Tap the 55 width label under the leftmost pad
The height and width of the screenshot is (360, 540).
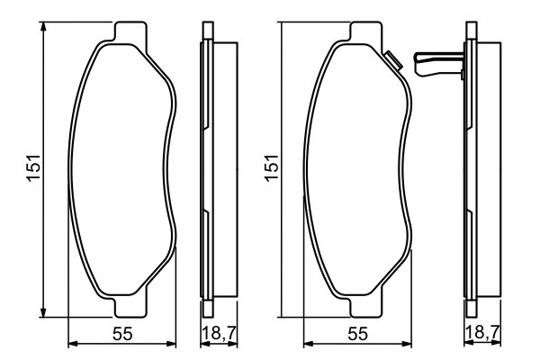(123, 333)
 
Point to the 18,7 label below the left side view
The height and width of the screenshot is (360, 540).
(216, 333)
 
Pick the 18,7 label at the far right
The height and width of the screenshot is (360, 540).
(481, 333)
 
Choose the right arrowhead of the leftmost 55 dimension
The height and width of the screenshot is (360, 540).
(173, 344)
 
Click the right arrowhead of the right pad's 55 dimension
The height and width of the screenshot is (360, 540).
(409, 344)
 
